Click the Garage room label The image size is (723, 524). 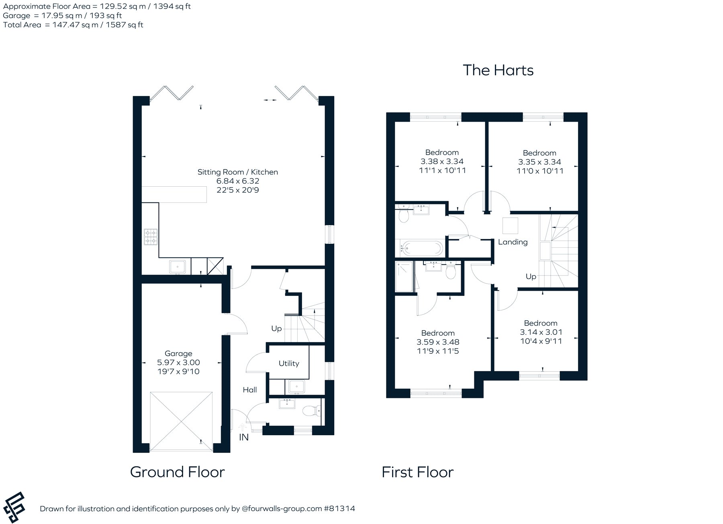click(178, 353)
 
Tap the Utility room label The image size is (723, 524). click(289, 363)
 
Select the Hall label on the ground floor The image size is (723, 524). click(250, 389)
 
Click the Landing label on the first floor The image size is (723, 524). click(513, 242)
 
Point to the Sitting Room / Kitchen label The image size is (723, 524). click(238, 172)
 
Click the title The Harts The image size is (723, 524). click(498, 70)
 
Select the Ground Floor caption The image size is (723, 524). click(178, 472)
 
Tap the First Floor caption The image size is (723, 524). click(418, 472)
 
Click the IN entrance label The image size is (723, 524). click(244, 437)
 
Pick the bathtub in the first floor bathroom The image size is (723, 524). click(421, 248)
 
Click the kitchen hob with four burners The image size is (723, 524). click(151, 237)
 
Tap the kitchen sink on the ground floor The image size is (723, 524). click(177, 267)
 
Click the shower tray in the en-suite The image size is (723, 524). click(404, 277)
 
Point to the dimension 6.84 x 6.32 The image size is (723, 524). click(238, 181)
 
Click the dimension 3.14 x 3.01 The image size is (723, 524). click(541, 332)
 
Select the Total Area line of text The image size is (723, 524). click(73, 25)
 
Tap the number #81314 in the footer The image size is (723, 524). click(339, 509)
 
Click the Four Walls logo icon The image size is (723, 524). click(14, 508)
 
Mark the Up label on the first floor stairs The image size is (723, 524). click(531, 277)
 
